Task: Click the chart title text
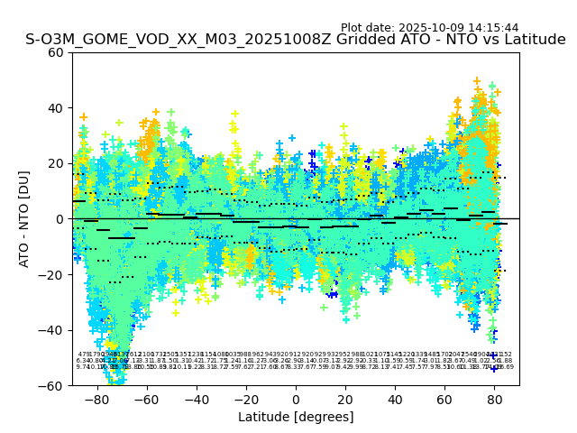click(x=296, y=40)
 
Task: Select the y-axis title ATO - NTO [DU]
click(x=24, y=219)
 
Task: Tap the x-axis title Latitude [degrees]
click(x=296, y=417)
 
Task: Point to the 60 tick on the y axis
click(x=56, y=52)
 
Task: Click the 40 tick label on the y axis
click(x=56, y=108)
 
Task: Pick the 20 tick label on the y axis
click(x=56, y=163)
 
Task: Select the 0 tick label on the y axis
click(x=60, y=219)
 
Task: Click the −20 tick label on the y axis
click(x=52, y=274)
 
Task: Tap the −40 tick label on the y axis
click(x=52, y=330)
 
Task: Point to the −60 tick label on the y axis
click(x=52, y=385)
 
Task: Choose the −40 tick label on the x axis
click(x=196, y=398)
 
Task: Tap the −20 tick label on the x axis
click(x=245, y=398)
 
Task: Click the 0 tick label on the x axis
click(x=296, y=398)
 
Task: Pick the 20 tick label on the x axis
click(x=345, y=398)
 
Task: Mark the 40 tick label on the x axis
click(x=395, y=398)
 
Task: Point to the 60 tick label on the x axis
click(x=444, y=398)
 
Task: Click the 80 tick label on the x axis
click(x=494, y=398)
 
